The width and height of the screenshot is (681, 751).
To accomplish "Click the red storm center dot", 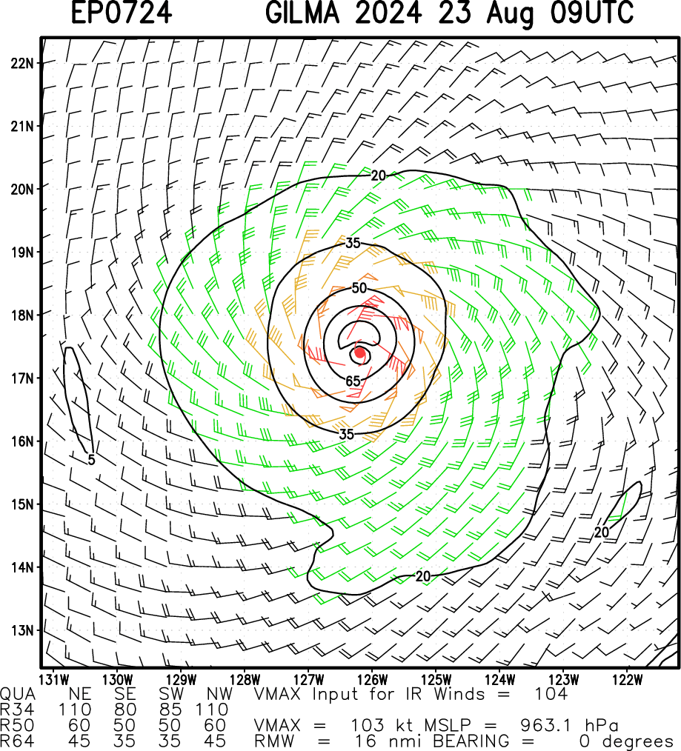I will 359,353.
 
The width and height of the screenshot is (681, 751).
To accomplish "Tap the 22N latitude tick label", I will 21,62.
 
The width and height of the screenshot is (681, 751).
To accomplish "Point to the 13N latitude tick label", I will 21,630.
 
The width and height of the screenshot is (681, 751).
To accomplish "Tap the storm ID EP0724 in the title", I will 123,13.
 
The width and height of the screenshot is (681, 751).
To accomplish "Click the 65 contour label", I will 353,381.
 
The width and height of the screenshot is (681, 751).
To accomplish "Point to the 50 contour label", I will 359,287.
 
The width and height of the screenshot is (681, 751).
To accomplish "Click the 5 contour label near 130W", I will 90,459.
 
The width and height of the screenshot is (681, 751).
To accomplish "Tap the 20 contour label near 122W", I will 602,532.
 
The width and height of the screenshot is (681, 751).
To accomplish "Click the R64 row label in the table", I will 16,740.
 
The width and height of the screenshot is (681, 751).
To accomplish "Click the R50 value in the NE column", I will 78,725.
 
